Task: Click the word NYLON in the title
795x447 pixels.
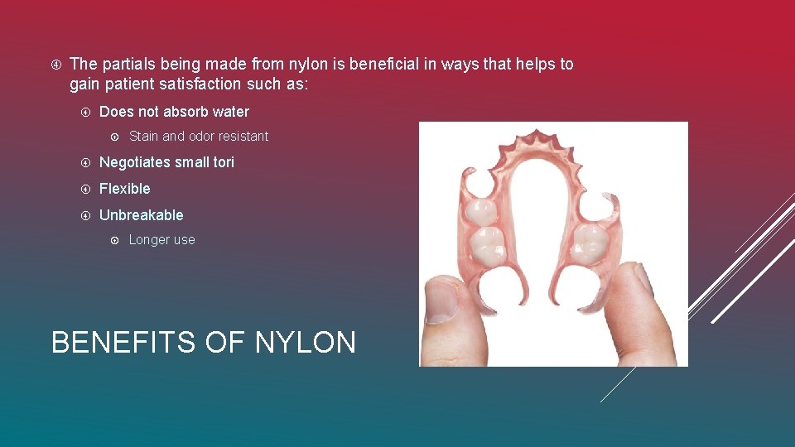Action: (x=306, y=341)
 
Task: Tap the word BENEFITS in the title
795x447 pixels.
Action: (x=125, y=341)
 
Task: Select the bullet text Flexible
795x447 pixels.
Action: (x=124, y=189)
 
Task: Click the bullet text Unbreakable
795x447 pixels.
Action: (x=141, y=215)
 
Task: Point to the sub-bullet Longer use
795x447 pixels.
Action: (x=161, y=240)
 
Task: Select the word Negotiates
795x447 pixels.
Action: (x=133, y=162)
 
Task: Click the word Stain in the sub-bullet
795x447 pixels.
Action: (x=143, y=137)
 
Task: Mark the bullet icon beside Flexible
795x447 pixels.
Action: (x=85, y=190)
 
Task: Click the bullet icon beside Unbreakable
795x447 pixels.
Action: (x=85, y=216)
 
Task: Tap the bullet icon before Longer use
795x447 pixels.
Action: (x=115, y=240)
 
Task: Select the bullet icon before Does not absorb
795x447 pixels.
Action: (x=85, y=113)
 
